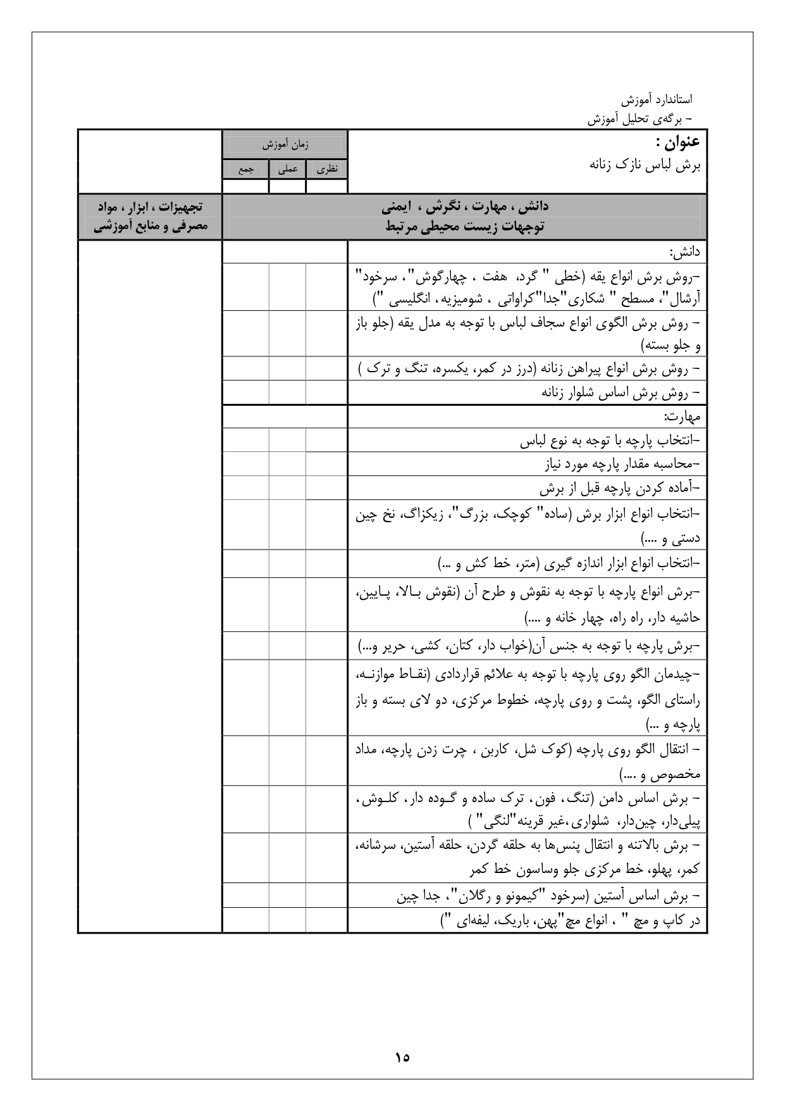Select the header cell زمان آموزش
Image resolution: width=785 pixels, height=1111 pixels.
(x=285, y=145)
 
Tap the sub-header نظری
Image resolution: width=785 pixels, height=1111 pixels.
(x=327, y=170)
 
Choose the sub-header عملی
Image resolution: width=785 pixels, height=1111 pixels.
(x=288, y=170)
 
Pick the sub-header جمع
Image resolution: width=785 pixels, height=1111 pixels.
(x=245, y=170)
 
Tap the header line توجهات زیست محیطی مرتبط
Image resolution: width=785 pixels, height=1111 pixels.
(x=465, y=227)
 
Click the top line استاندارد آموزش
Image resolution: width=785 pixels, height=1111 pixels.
(x=656, y=99)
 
